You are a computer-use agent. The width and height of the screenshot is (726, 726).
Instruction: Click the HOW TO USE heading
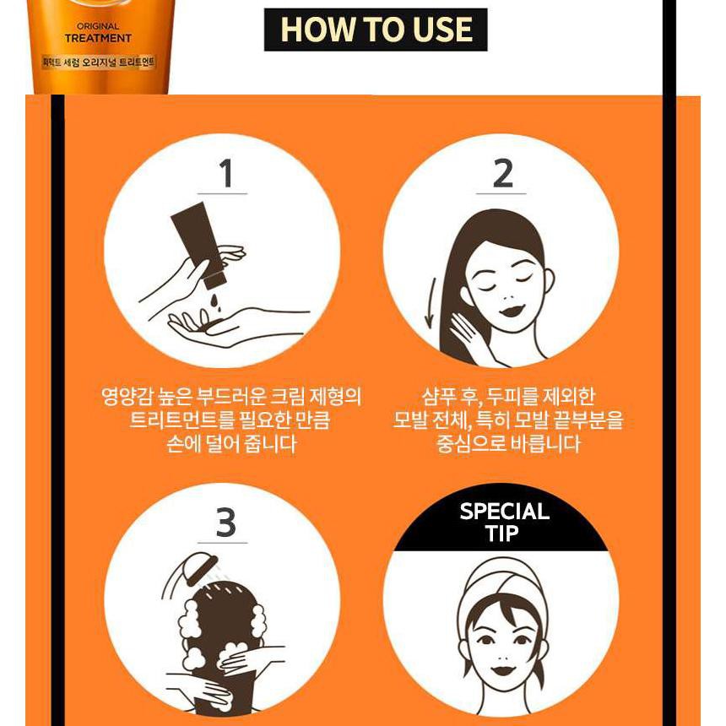(x=376, y=30)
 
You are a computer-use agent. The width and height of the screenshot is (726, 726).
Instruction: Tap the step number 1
(x=225, y=174)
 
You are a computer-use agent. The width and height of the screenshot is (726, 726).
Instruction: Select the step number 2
(x=502, y=174)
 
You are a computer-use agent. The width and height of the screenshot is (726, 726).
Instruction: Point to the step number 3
(x=225, y=523)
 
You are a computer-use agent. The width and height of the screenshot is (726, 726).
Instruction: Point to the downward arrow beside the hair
(x=431, y=303)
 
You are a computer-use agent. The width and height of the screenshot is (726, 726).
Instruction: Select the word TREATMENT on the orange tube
(x=98, y=39)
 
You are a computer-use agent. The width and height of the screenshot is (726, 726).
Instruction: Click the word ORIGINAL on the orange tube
(x=98, y=26)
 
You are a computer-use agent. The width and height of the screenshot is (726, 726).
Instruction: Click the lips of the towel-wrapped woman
(x=501, y=670)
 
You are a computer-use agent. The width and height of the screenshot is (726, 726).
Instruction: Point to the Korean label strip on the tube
(x=98, y=62)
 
